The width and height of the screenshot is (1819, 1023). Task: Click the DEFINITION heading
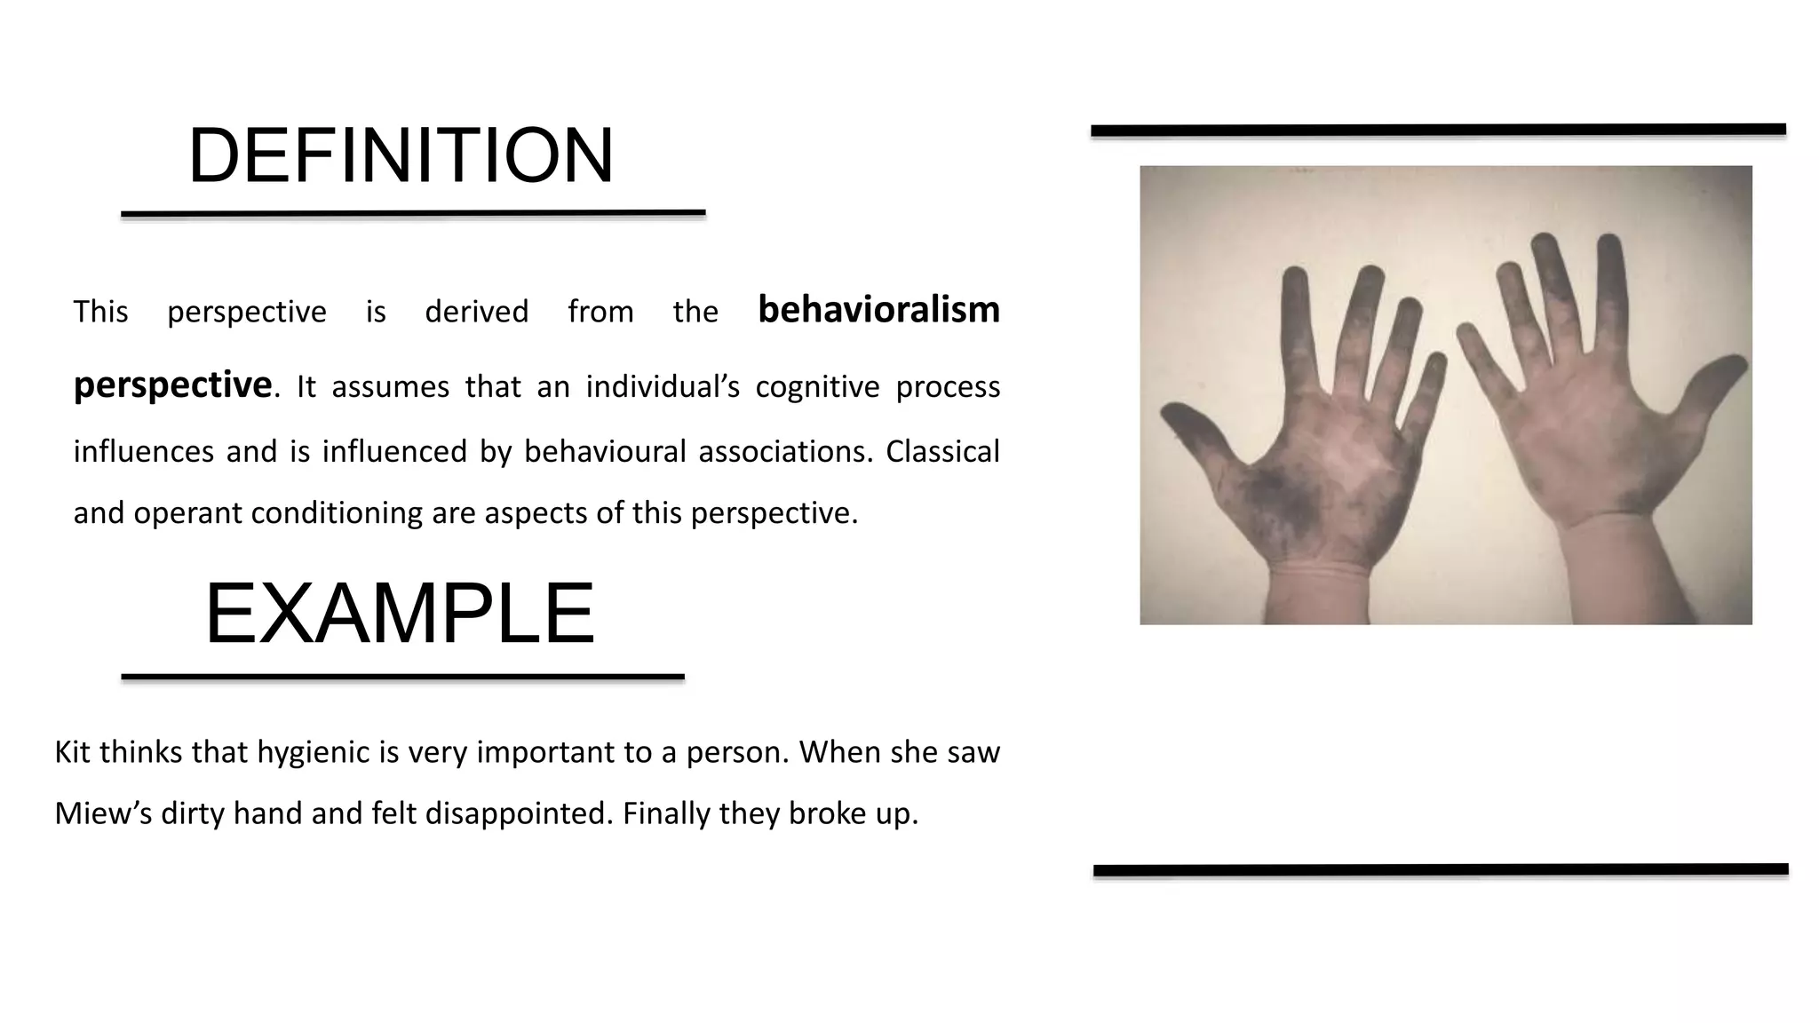pos(401,156)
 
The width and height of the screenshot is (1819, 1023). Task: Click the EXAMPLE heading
pos(400,614)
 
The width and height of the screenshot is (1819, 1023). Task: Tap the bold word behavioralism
pos(878,310)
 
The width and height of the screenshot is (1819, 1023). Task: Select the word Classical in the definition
pos(942,452)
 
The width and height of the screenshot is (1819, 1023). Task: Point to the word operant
pos(189,513)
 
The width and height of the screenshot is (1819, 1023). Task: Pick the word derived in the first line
pos(476,312)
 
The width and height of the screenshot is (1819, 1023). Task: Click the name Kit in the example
pos(72,752)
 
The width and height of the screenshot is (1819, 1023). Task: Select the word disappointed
pos(520,813)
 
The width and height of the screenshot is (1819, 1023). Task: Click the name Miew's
pos(103,813)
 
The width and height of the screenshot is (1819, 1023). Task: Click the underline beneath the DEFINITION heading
pos(413,214)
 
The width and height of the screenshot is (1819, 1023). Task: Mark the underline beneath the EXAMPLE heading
pos(402,677)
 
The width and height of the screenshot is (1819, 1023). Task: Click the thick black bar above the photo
pos(1438,131)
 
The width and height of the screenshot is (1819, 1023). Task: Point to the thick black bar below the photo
pos(1441,870)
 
